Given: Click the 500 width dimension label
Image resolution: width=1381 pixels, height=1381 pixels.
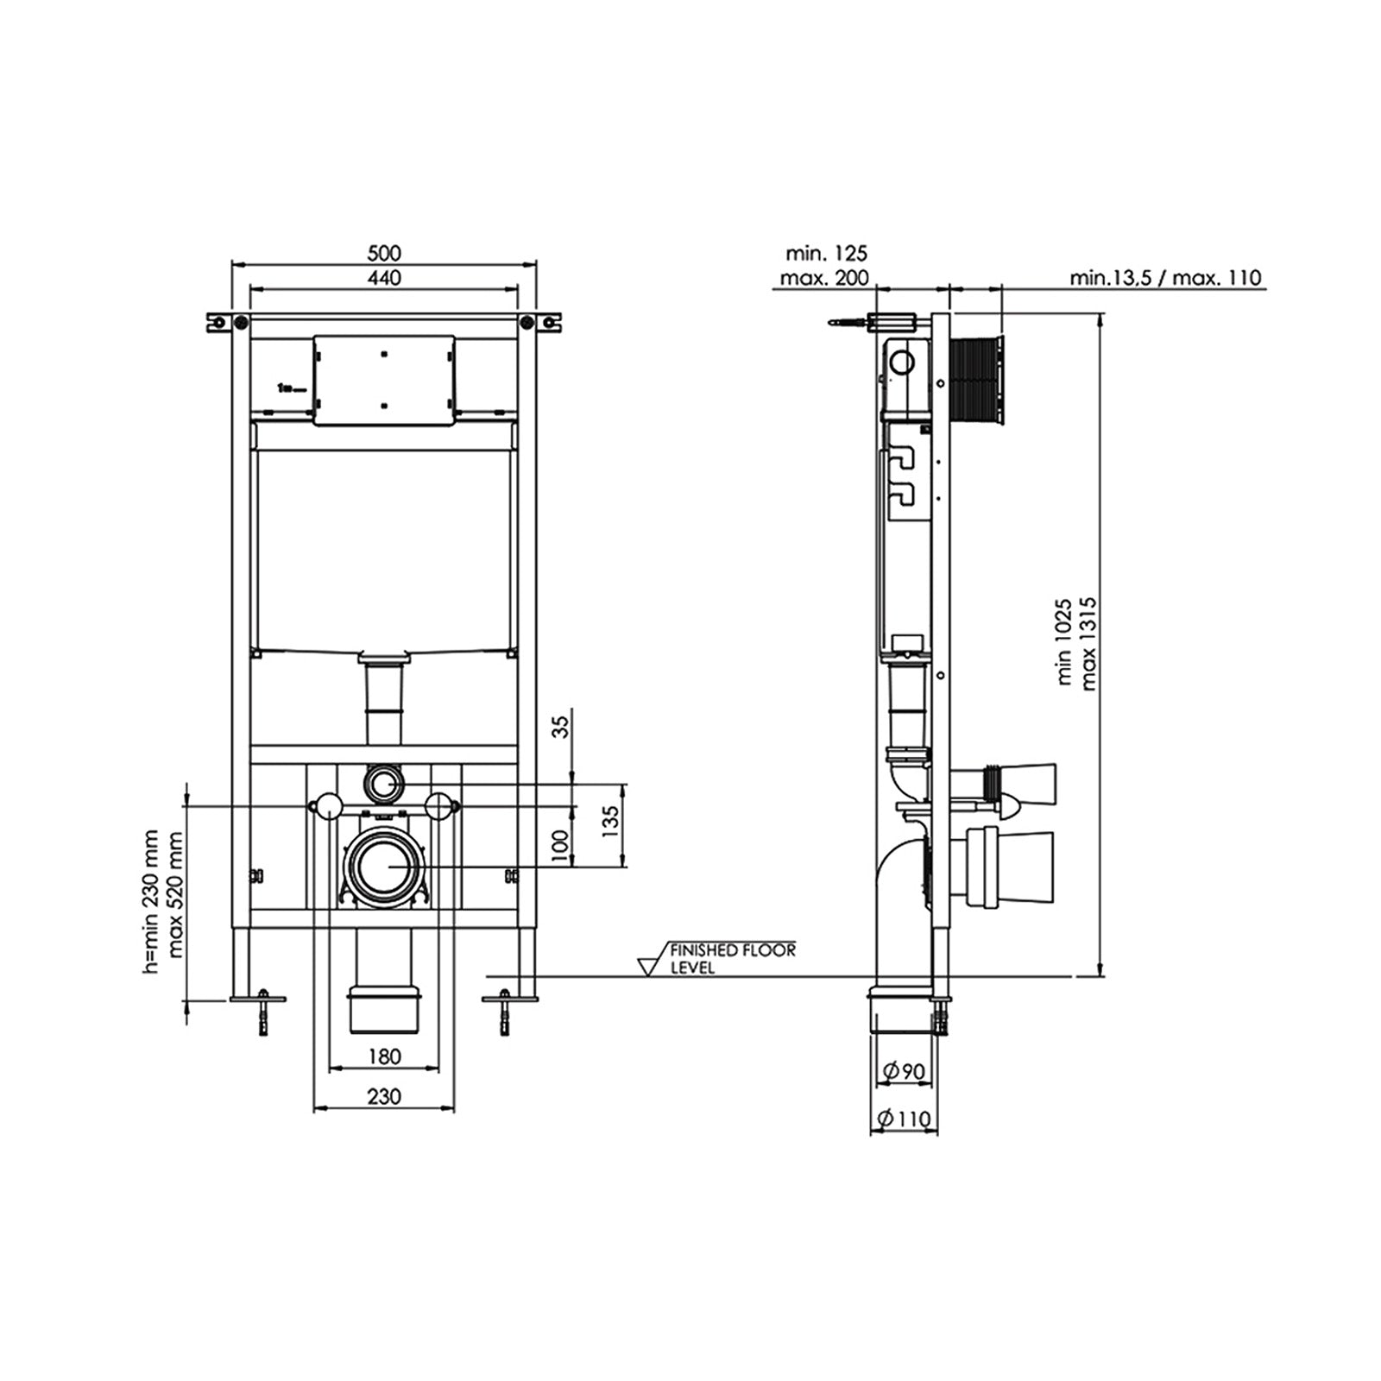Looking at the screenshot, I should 384,253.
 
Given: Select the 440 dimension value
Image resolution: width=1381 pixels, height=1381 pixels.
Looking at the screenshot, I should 384,277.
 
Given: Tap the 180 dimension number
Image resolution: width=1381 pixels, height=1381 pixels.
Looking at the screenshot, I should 384,1056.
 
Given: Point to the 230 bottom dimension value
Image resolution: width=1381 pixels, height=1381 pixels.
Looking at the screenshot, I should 384,1096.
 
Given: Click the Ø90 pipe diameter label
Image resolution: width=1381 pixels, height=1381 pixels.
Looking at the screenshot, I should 904,1071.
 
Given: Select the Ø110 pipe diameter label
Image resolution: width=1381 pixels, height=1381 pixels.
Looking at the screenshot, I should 904,1119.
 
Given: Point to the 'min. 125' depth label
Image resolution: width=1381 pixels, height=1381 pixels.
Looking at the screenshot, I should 826,253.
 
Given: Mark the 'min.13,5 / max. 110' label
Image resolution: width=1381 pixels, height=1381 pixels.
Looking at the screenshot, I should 1165,278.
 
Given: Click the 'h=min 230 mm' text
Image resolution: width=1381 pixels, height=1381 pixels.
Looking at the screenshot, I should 152,902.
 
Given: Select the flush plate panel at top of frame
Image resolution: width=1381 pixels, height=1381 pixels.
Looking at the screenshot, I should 384,380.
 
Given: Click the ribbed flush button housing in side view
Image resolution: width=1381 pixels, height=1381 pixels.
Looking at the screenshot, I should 977,380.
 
